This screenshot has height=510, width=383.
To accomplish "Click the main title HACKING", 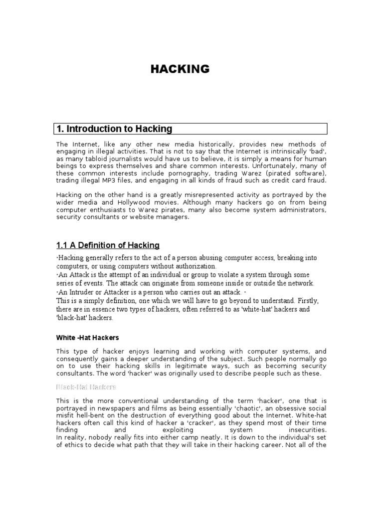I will [180, 69].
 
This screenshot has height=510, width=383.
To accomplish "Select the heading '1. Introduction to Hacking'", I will [114, 129].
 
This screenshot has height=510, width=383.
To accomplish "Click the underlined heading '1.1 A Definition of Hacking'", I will [108, 245].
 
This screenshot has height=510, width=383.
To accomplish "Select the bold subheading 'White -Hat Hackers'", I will [87, 338].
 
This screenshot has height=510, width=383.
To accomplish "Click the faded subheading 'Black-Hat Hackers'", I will [86, 386].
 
